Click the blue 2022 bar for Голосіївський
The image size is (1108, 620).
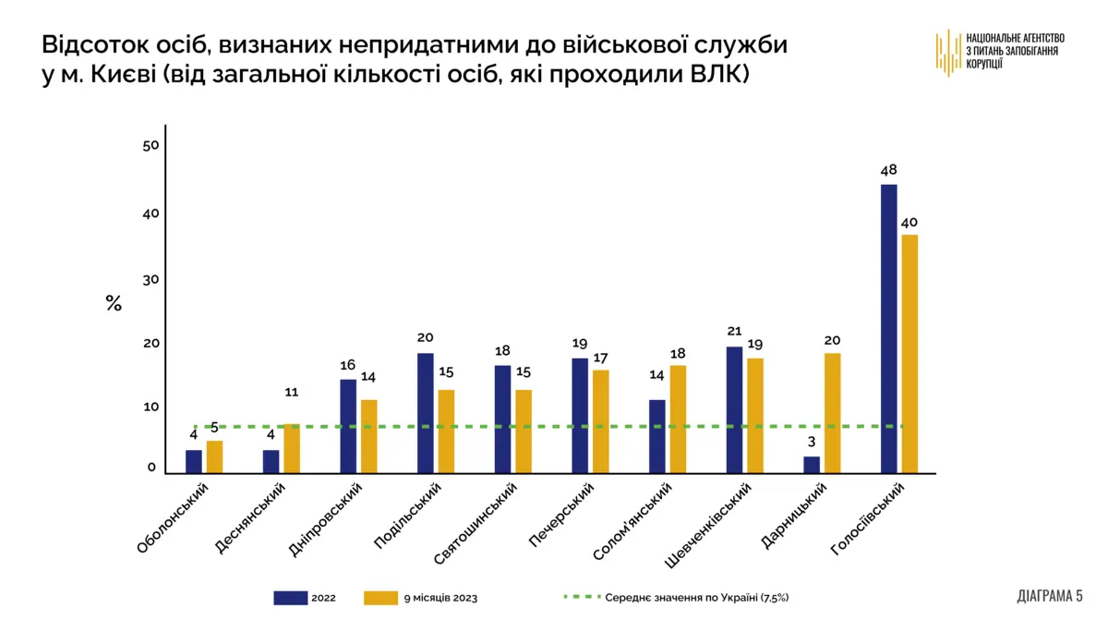[888, 329]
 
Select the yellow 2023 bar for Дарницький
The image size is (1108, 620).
[832, 413]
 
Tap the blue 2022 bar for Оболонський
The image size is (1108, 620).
[194, 461]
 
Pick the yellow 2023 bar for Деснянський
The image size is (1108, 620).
[292, 448]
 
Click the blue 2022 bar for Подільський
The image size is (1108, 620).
[426, 413]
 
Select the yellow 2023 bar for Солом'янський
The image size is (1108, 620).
[678, 419]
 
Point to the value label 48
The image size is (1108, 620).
[888, 170]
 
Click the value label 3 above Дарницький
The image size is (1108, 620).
[812, 442]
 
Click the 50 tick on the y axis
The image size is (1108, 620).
[151, 146]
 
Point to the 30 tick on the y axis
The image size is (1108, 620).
[151, 279]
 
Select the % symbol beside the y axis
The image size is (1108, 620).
[114, 303]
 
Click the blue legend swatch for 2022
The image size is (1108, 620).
[290, 598]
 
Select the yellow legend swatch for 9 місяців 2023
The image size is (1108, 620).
[380, 598]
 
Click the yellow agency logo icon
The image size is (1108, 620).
[947, 52]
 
